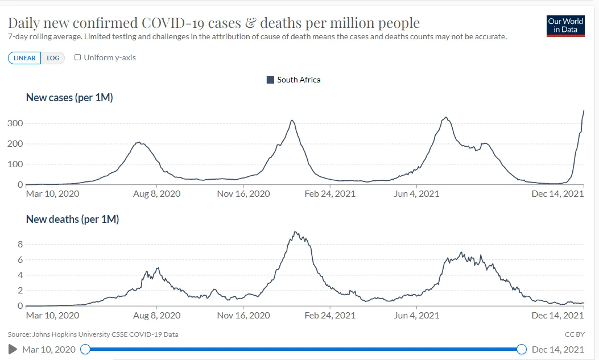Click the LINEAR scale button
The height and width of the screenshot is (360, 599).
pos(24,58)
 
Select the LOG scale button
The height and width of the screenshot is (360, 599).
pos(53,58)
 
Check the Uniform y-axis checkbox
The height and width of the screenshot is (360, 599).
pos(78,57)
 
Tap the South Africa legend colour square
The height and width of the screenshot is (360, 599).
pos(271,80)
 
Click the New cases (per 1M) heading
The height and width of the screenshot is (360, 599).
pos(69,98)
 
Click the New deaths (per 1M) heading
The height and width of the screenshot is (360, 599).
pos(72,219)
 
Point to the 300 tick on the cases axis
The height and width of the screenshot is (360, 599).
pos(15,123)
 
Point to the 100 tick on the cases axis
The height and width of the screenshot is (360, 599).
pos(15,164)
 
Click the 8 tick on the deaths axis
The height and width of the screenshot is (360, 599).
pos(20,245)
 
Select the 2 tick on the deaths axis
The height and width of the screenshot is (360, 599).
pos(20,291)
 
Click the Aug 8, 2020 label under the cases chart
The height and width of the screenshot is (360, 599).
pos(156,194)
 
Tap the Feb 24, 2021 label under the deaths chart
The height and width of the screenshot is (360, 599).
pos(330,316)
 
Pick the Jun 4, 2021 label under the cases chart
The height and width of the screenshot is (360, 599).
pos(416,194)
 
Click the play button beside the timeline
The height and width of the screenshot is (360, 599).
pos(13,349)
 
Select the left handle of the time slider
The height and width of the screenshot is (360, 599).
pos(85,349)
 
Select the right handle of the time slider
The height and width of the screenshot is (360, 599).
pos(521,349)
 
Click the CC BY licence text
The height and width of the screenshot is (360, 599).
pos(574,334)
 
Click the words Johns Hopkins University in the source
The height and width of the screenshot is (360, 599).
pos(75,334)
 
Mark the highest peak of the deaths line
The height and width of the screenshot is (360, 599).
pos(295,232)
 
